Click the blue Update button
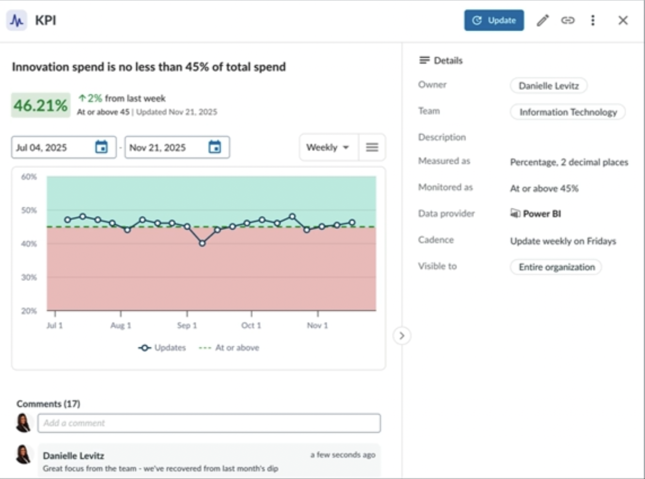pyautogui.click(x=494, y=21)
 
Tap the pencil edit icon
pyautogui.click(x=542, y=21)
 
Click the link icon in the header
pyautogui.click(x=567, y=21)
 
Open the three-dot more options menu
pyautogui.click(x=593, y=21)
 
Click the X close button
pyautogui.click(x=623, y=21)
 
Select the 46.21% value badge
pyautogui.click(x=41, y=105)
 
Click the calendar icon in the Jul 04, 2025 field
pyautogui.click(x=101, y=147)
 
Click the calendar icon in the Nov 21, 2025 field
pyautogui.click(x=215, y=147)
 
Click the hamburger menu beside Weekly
pyautogui.click(x=372, y=147)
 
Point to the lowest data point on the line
pyautogui.click(x=202, y=243)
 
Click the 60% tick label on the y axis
pyautogui.click(x=29, y=177)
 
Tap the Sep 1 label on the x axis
pyautogui.click(x=187, y=325)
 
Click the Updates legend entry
pyautogui.click(x=162, y=347)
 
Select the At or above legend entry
pyautogui.click(x=229, y=347)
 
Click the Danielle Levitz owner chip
pyautogui.click(x=549, y=86)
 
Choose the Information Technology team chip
pyautogui.click(x=568, y=112)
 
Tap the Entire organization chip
pyautogui.click(x=556, y=267)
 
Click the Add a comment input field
pyautogui.click(x=209, y=423)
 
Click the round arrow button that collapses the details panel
pyautogui.click(x=402, y=335)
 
